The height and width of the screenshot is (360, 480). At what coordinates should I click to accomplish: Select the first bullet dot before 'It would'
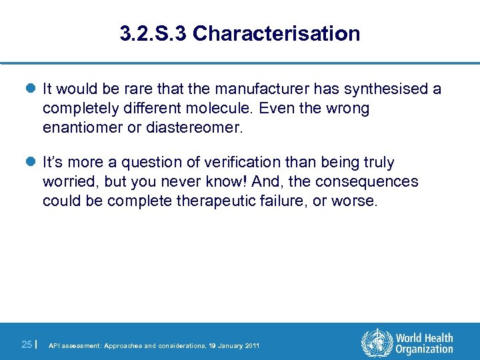(x=31, y=89)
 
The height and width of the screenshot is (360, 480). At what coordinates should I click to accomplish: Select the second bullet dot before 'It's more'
(x=31, y=163)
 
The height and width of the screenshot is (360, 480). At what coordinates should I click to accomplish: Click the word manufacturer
(x=271, y=89)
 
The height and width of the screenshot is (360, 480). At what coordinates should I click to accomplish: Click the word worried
(x=68, y=181)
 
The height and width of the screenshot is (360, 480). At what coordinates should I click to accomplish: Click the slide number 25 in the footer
(x=27, y=345)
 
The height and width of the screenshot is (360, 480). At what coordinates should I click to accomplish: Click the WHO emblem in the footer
(x=376, y=344)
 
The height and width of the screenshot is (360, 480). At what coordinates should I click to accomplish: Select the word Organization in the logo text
(x=424, y=349)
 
